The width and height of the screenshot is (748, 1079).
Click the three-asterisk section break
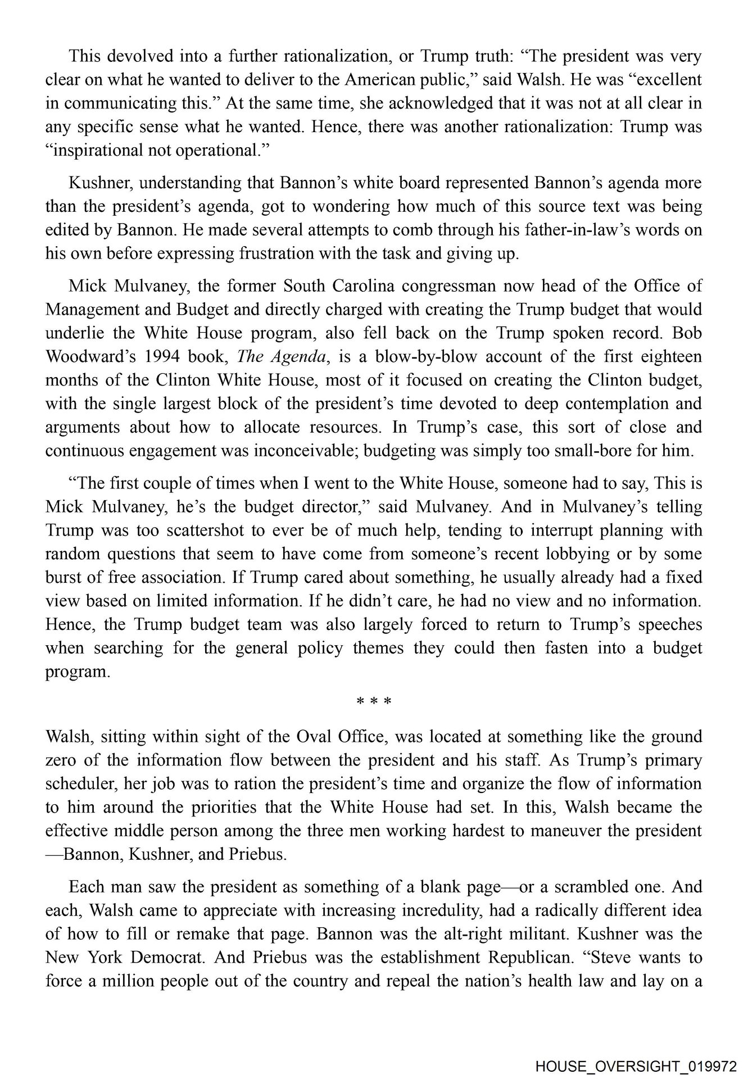(374, 701)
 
